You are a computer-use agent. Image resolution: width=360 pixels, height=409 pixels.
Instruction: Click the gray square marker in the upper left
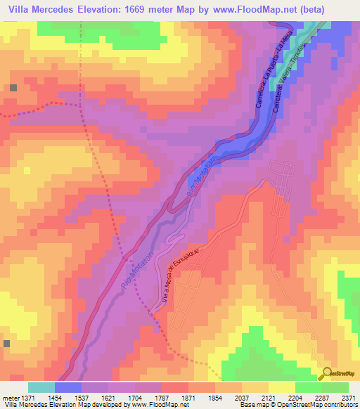click(13, 88)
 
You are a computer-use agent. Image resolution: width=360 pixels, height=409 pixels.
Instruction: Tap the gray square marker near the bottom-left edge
click(6, 344)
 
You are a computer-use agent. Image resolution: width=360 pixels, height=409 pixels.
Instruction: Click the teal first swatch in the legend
click(41, 387)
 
